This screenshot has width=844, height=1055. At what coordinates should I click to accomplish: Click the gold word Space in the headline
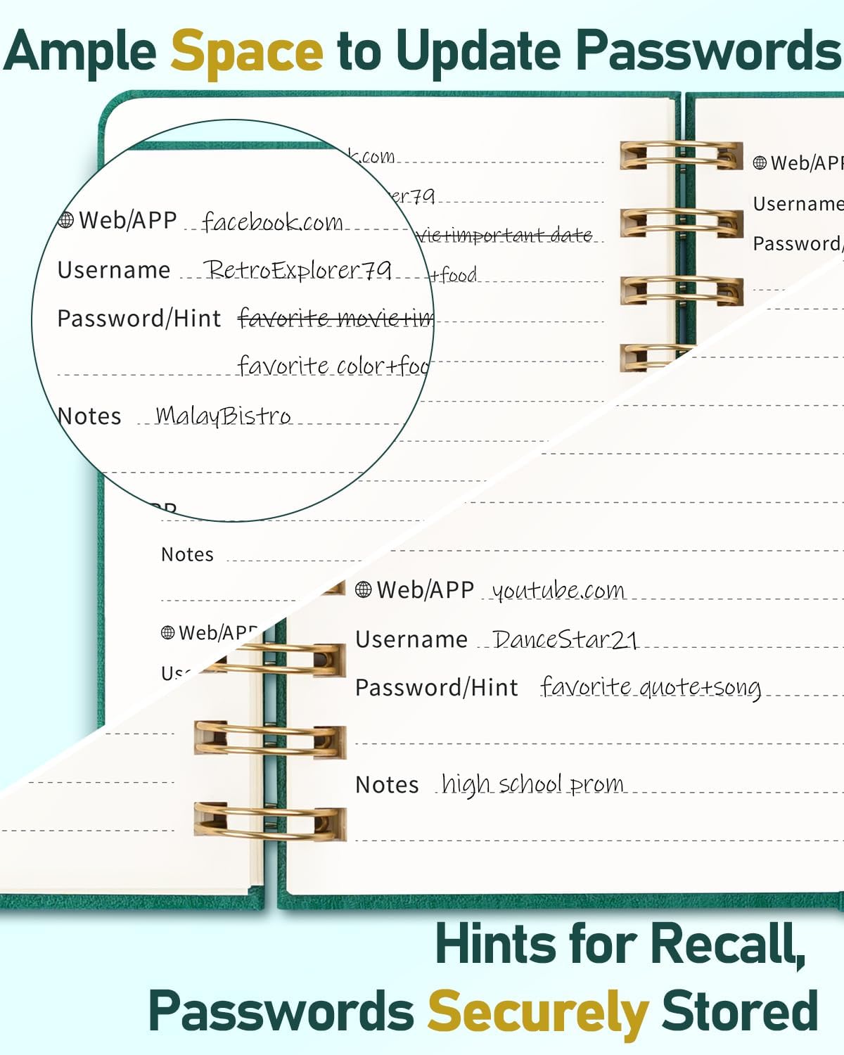pyautogui.click(x=247, y=51)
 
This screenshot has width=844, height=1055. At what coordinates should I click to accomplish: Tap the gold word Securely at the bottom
pyautogui.click(x=538, y=1011)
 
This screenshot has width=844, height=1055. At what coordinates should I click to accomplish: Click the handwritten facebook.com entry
pyautogui.click(x=272, y=222)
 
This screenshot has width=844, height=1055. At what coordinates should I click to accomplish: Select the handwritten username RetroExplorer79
pyautogui.click(x=297, y=270)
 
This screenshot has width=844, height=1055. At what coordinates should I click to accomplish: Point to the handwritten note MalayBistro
pyautogui.click(x=223, y=416)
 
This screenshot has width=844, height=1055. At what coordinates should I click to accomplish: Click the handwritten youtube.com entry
pyautogui.click(x=558, y=590)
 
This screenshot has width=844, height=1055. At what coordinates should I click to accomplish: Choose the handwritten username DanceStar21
pyautogui.click(x=565, y=639)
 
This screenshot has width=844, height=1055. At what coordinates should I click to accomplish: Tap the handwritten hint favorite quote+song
pyautogui.click(x=651, y=687)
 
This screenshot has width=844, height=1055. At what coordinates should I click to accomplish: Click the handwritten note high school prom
pyautogui.click(x=532, y=784)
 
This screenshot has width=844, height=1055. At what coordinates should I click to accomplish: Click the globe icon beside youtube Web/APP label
pyautogui.click(x=364, y=589)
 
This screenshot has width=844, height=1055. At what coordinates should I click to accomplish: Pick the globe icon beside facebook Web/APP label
pyautogui.click(x=66, y=220)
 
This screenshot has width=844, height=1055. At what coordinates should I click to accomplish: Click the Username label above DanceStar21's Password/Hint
pyautogui.click(x=411, y=639)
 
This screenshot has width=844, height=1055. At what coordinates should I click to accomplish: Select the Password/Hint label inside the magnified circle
pyautogui.click(x=139, y=319)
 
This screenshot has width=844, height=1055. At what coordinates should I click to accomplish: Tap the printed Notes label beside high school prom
pyautogui.click(x=387, y=784)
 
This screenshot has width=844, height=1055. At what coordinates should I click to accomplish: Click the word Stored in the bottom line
pyautogui.click(x=740, y=1011)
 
